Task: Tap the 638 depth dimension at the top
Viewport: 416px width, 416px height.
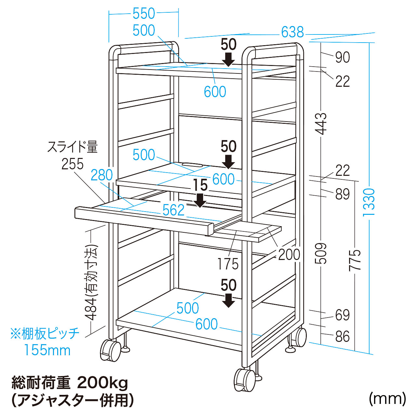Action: click(x=292, y=32)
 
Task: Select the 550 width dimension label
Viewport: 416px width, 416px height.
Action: click(x=144, y=14)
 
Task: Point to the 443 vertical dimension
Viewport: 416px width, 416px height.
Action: click(x=321, y=123)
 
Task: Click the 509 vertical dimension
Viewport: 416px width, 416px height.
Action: click(x=321, y=253)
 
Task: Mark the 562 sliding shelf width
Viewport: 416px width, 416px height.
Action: click(x=174, y=210)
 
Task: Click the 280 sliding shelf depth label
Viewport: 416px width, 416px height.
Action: click(x=101, y=175)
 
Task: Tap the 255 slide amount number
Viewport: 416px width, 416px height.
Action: click(x=72, y=164)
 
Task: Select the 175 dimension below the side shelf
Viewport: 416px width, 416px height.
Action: click(x=228, y=264)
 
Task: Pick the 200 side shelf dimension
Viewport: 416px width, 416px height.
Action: click(x=289, y=254)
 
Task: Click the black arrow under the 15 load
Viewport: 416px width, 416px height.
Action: click(x=200, y=200)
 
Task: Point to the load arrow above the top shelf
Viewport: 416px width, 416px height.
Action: click(x=228, y=59)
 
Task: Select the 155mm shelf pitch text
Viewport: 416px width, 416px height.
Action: click(x=47, y=350)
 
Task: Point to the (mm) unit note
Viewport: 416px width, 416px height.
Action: click(x=387, y=398)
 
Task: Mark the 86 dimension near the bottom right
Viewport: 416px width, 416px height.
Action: click(x=342, y=336)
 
